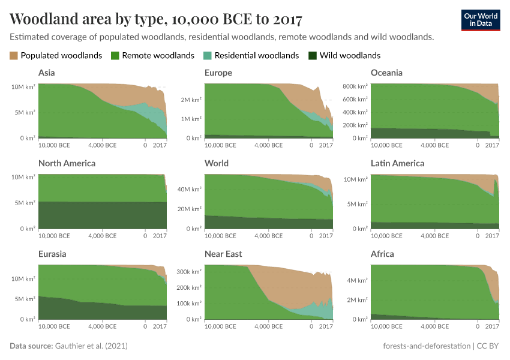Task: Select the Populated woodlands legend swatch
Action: (x=14, y=56)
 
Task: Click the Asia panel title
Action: (x=47, y=73)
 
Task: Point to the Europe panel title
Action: (x=218, y=73)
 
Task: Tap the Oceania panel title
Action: (x=386, y=73)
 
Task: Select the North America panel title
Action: (x=67, y=163)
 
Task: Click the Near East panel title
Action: (x=223, y=254)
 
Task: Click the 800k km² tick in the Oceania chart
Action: (x=355, y=86)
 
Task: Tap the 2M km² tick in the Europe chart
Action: (x=191, y=100)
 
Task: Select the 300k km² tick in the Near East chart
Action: (x=190, y=272)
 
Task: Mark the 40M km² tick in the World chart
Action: (x=190, y=190)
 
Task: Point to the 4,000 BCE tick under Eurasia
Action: (x=103, y=326)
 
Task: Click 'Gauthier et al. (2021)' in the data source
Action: (x=91, y=346)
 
